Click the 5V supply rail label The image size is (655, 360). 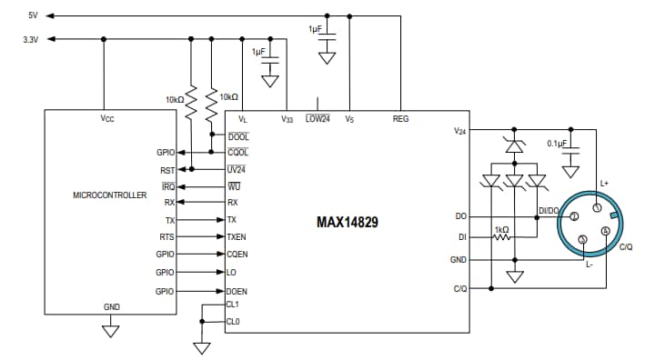tap(33, 15)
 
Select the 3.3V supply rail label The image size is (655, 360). tap(29, 39)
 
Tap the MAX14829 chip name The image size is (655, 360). tap(348, 222)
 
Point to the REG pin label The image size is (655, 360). tap(400, 119)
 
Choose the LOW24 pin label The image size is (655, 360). tap(317, 119)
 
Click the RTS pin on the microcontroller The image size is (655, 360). tap(166, 236)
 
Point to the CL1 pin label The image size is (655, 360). tap(233, 305)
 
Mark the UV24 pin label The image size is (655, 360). tap(236, 168)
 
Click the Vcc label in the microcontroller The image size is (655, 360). tap(106, 119)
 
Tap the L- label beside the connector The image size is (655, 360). tap(589, 265)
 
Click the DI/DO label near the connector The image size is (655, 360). tap(549, 210)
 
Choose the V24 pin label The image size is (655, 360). tap(459, 131)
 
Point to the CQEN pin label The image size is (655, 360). tap(238, 255)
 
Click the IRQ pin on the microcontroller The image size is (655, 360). tap(167, 186)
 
